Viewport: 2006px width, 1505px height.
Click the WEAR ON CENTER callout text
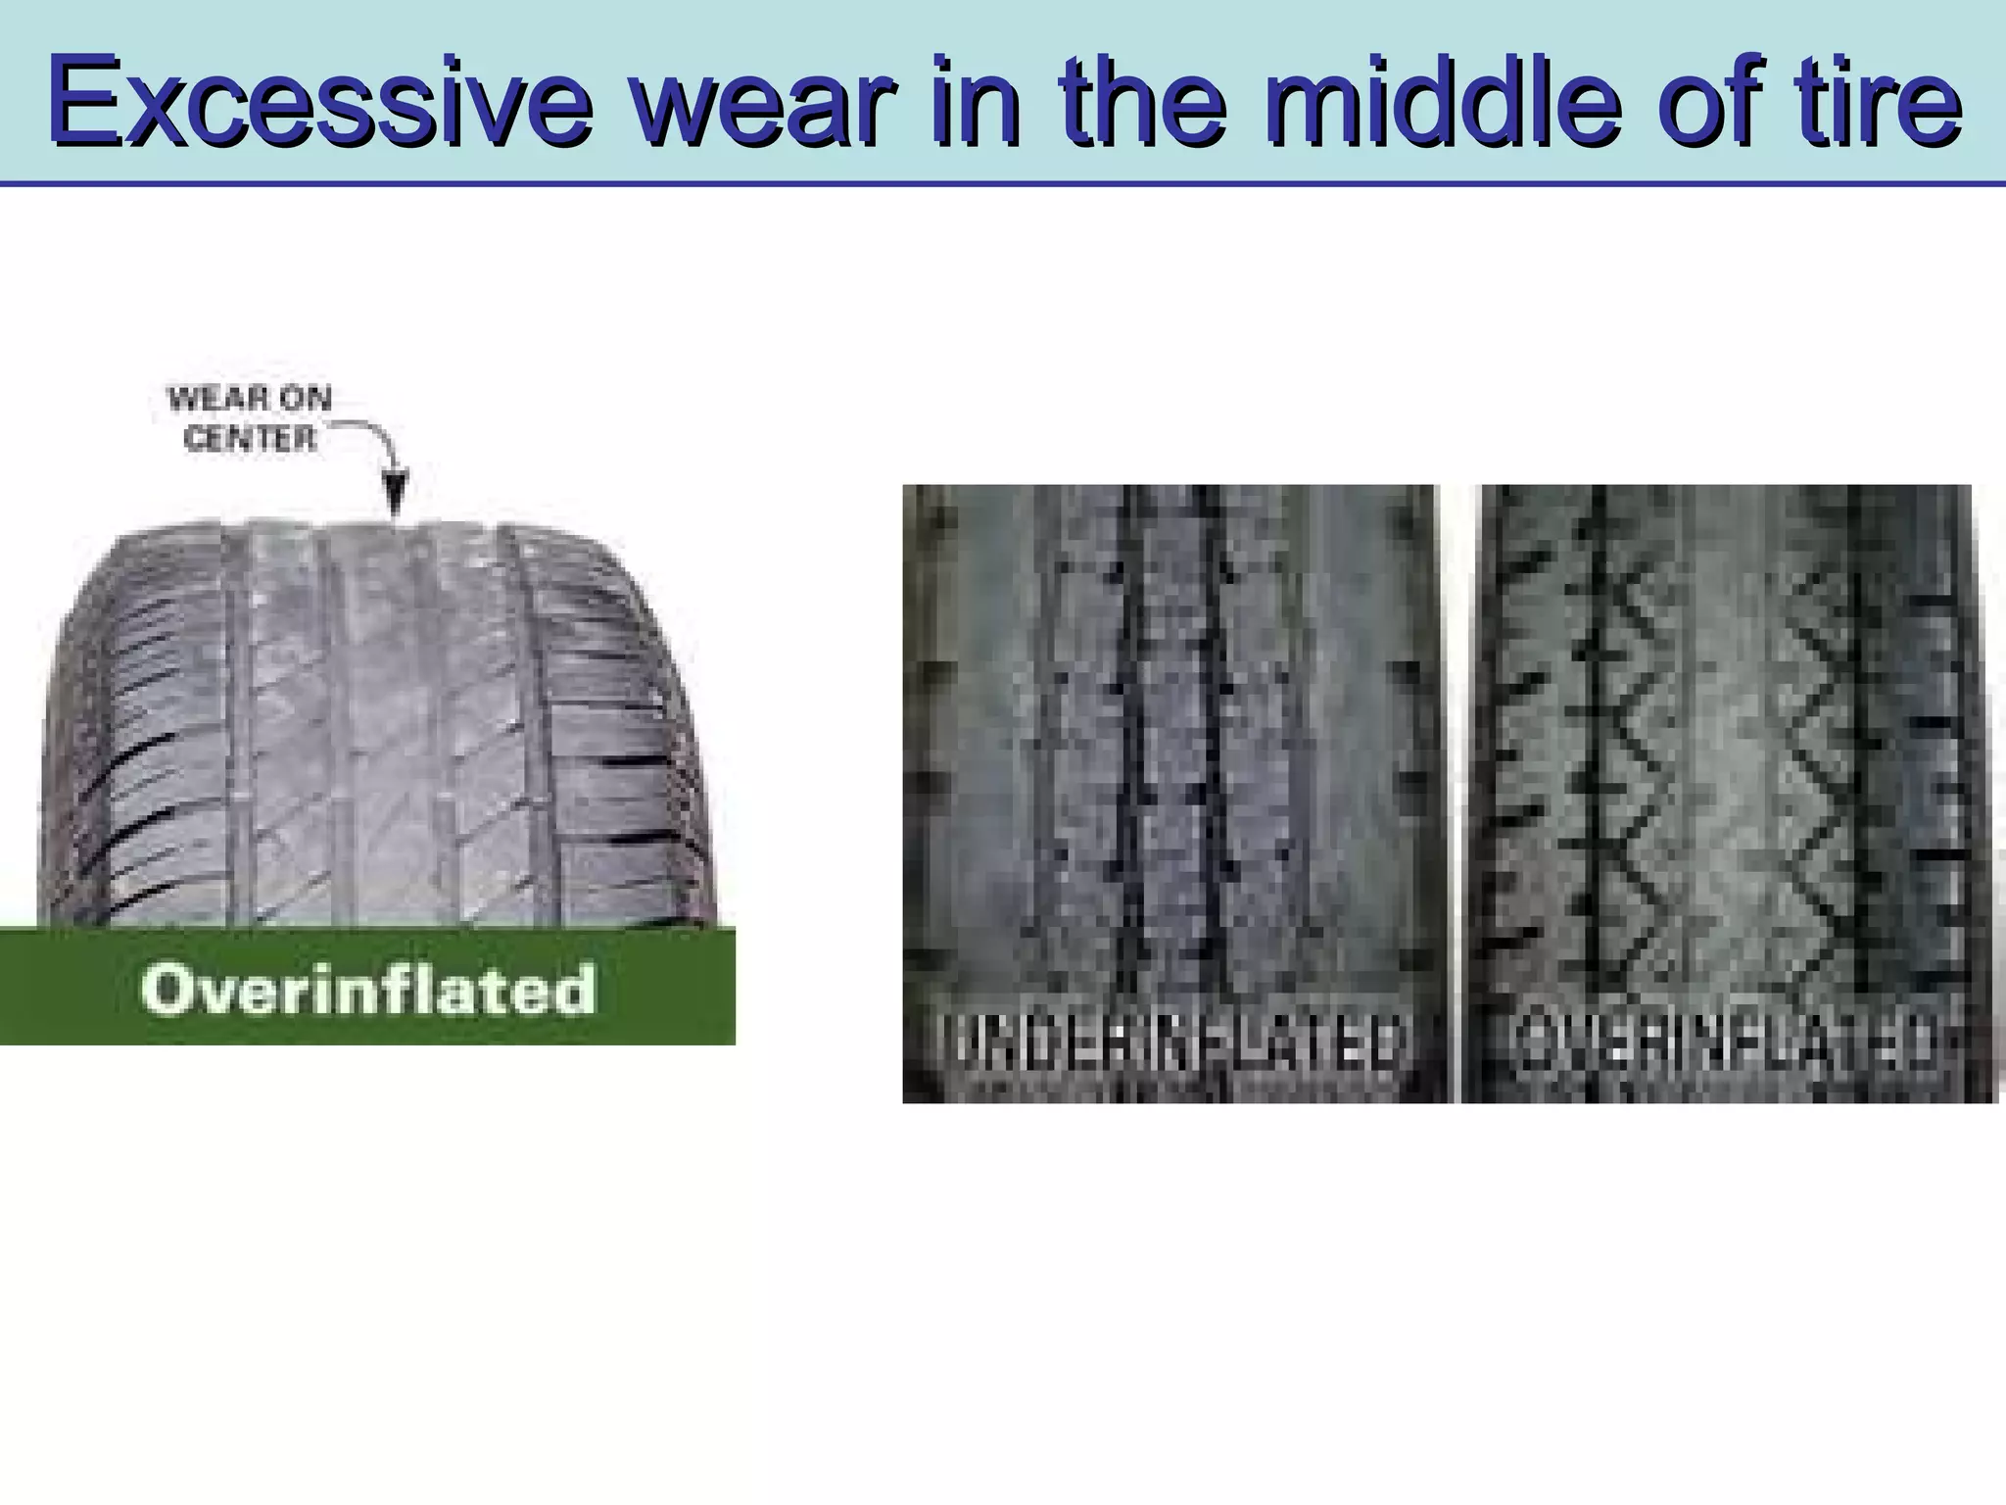(x=250, y=419)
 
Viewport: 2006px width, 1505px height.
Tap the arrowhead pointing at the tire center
(x=395, y=495)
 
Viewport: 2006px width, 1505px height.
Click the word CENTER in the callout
(x=250, y=439)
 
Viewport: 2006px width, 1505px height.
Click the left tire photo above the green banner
(x=382, y=725)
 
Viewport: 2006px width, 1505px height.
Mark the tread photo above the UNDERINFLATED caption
(x=1170, y=745)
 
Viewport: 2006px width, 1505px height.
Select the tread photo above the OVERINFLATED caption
(x=1726, y=745)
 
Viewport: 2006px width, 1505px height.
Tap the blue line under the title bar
(x=1003, y=183)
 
